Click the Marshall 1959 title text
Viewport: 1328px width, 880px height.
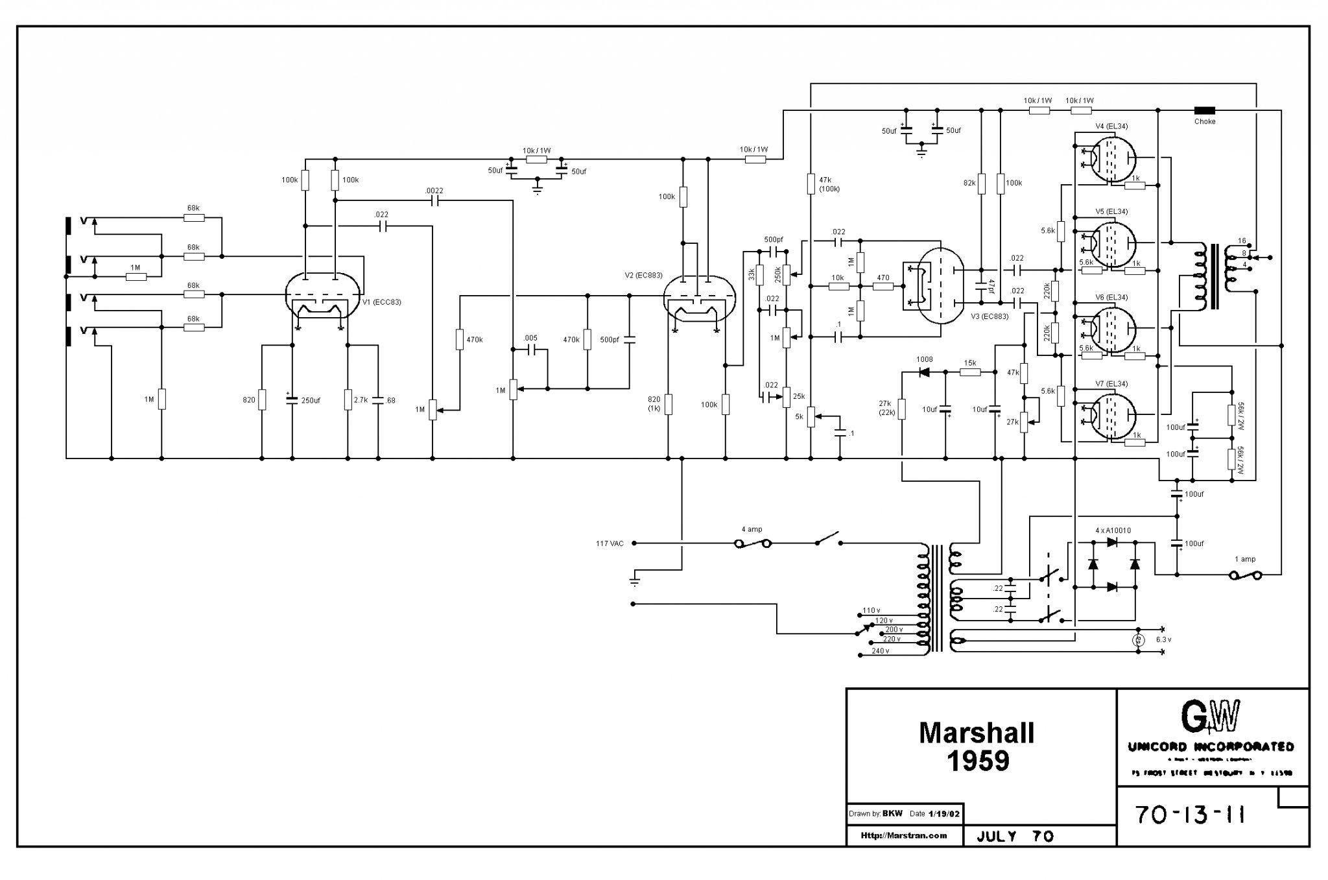tap(977, 746)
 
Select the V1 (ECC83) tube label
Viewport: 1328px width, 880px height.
tap(381, 302)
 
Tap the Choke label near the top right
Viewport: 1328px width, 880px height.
tap(1205, 121)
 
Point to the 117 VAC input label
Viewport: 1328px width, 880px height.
tap(610, 543)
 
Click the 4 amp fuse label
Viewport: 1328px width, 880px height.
tap(752, 529)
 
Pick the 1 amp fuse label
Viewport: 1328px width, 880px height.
tap(1244, 559)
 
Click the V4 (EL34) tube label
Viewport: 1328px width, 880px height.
tap(1111, 126)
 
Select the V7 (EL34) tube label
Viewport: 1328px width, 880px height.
tap(1111, 384)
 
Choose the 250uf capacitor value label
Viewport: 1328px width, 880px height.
tap(311, 400)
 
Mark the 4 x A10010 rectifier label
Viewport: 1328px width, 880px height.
tap(1113, 530)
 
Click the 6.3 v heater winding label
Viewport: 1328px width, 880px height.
tap(1163, 640)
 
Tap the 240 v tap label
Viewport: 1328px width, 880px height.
tap(880, 650)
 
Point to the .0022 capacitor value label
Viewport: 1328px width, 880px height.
tap(434, 191)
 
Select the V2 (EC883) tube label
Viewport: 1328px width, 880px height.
tap(643, 276)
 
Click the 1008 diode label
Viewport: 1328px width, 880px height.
tap(924, 359)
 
